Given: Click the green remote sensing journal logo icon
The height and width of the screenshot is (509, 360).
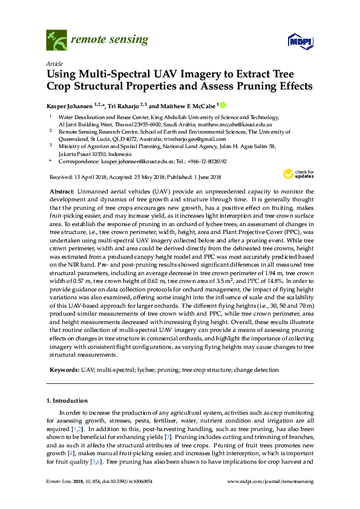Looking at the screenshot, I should [x=56, y=40].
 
